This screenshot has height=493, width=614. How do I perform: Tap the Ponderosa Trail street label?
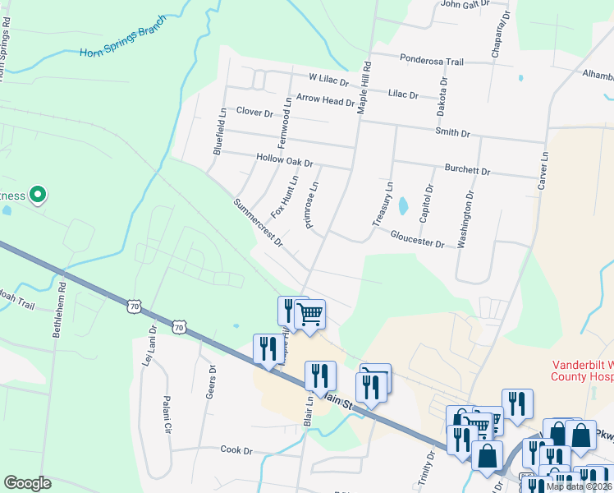click(x=433, y=61)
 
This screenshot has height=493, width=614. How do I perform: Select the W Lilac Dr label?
click(x=328, y=81)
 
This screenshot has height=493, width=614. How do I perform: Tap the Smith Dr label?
click(x=453, y=131)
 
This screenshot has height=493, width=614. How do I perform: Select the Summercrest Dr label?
click(x=258, y=223)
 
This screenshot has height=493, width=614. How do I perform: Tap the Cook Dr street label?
click(x=236, y=449)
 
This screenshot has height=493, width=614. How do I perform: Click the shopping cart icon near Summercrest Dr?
click(x=309, y=314)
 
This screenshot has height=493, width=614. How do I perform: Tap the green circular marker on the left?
click(x=37, y=195)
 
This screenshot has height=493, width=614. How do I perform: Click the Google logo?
click(x=27, y=483)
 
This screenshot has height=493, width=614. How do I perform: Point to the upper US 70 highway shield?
click(x=134, y=306)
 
